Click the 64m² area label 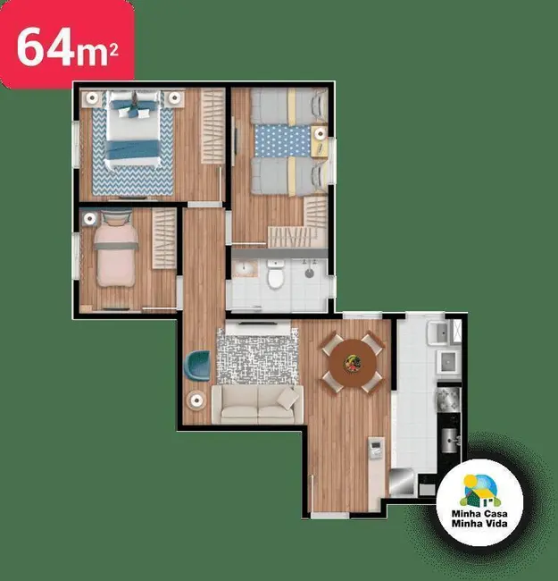tap(67, 46)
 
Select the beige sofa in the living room tap(257, 404)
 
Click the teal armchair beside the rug tap(198, 365)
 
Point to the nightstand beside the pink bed tap(90, 217)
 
